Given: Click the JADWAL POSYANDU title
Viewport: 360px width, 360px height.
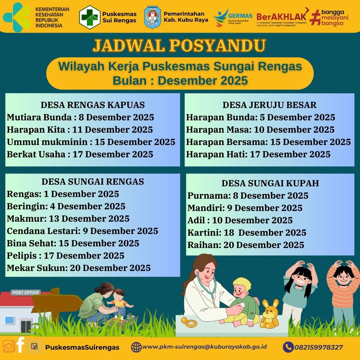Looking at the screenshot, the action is [x=179, y=45].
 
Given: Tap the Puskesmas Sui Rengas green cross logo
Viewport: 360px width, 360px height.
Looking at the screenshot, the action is [x=90, y=17].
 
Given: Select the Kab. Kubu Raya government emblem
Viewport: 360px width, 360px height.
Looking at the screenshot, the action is [x=152, y=17].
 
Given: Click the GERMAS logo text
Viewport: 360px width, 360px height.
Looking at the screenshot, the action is [x=240, y=16].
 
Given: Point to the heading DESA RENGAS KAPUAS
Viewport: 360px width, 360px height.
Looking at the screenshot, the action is [x=93, y=105].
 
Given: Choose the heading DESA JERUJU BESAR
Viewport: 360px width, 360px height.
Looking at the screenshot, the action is [x=270, y=105].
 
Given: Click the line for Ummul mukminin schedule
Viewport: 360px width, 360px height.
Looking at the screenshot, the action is [x=91, y=142].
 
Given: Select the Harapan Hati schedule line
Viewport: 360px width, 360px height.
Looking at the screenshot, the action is [x=258, y=154].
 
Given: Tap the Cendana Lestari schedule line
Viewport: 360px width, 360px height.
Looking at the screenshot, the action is [x=82, y=231].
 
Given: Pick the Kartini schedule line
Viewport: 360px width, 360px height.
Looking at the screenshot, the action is [x=247, y=233].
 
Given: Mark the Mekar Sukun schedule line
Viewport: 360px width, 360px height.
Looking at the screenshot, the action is [x=79, y=268].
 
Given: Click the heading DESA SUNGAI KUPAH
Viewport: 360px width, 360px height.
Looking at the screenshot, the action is [x=270, y=183].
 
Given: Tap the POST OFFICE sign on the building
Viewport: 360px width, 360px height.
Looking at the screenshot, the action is [x=26, y=293].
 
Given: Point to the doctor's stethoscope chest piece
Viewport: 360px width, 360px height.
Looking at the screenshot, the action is [x=242, y=305].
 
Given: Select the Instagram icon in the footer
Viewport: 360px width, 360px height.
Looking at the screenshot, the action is [x=9, y=346].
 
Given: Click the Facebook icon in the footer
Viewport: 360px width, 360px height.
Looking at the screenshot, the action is [x=20, y=345].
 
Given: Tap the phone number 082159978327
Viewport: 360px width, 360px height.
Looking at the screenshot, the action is [x=319, y=347].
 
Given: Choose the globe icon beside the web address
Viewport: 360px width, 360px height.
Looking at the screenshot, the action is [x=136, y=347].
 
